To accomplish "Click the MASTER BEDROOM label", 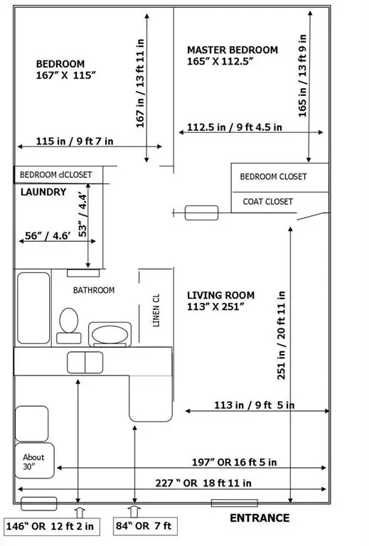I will (x=232, y=50).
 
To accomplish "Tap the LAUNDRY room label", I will (x=43, y=192).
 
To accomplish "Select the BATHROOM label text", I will (x=93, y=290).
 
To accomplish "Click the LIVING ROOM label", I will (x=220, y=295).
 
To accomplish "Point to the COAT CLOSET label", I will (x=267, y=202).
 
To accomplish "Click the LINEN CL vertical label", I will (x=156, y=310).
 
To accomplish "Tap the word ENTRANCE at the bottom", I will (x=259, y=518).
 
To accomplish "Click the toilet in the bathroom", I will (x=69, y=321).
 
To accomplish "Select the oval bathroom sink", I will (x=109, y=332).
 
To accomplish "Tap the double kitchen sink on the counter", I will (x=85, y=362).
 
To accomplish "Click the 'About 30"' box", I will (x=33, y=461).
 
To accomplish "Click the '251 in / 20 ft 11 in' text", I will (x=282, y=334).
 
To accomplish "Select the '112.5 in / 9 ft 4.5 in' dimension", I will (x=235, y=127).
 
